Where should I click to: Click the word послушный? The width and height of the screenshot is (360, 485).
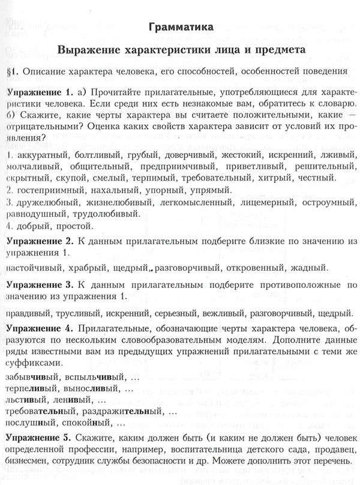click(x=29, y=424)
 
